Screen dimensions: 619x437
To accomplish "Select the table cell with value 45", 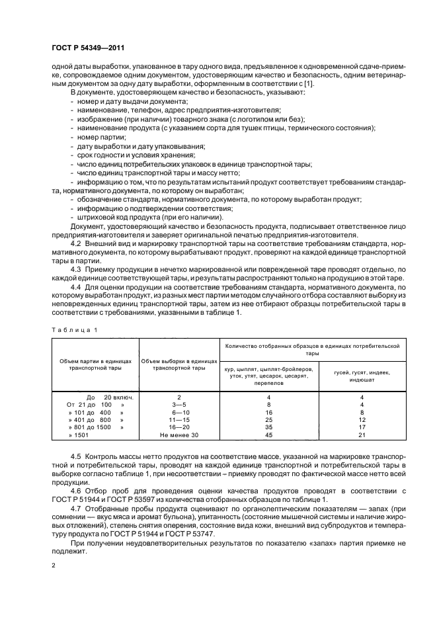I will [x=268, y=435].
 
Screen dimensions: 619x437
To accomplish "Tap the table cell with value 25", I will [x=268, y=419].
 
